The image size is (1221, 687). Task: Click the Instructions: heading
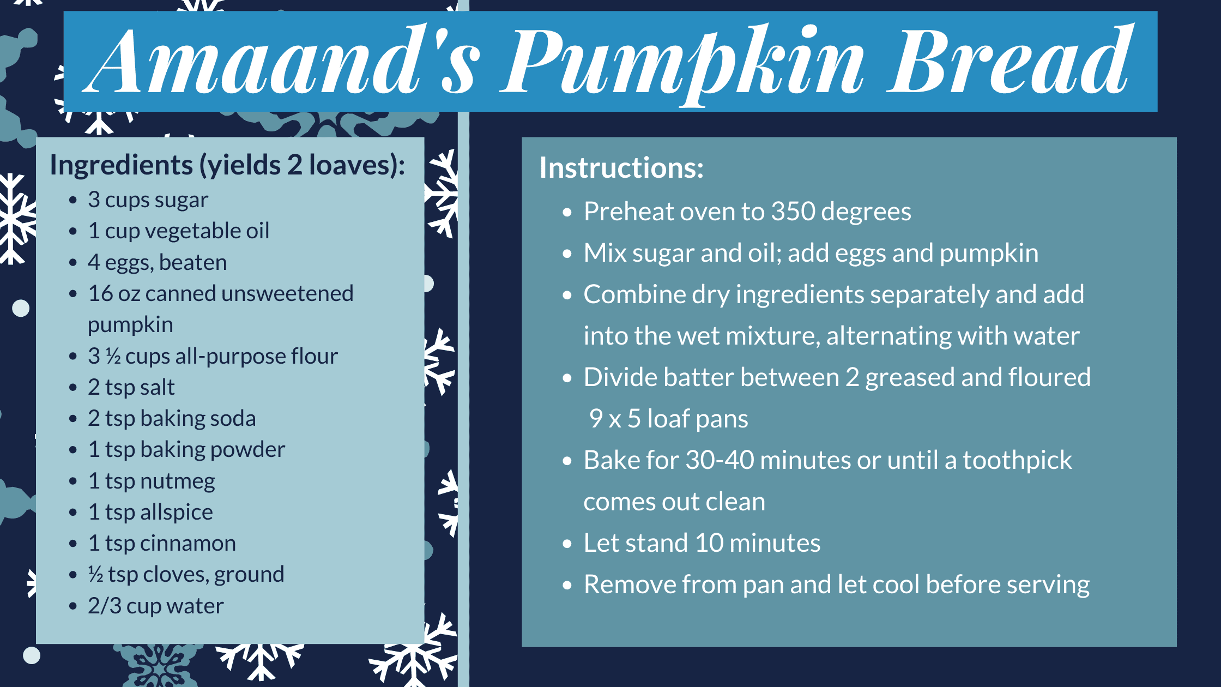tap(621, 167)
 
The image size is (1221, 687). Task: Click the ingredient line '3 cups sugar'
tap(148, 200)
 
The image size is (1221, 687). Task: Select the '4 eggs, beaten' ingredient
tap(157, 263)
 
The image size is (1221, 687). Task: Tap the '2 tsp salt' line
tap(131, 387)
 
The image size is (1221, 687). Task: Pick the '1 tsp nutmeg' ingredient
tap(151, 481)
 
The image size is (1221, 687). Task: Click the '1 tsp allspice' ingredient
tap(150, 513)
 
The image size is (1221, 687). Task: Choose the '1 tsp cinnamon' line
tap(161, 543)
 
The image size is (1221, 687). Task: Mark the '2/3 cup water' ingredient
tap(155, 606)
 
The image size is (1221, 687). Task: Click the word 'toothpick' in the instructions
tap(1017, 461)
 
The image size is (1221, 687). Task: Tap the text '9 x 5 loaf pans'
tap(668, 419)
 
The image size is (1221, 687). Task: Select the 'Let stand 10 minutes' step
tap(702, 543)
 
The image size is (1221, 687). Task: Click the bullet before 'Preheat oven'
tap(567, 212)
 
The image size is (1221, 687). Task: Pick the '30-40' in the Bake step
tap(720, 460)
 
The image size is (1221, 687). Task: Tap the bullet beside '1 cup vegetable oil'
tap(73, 232)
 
